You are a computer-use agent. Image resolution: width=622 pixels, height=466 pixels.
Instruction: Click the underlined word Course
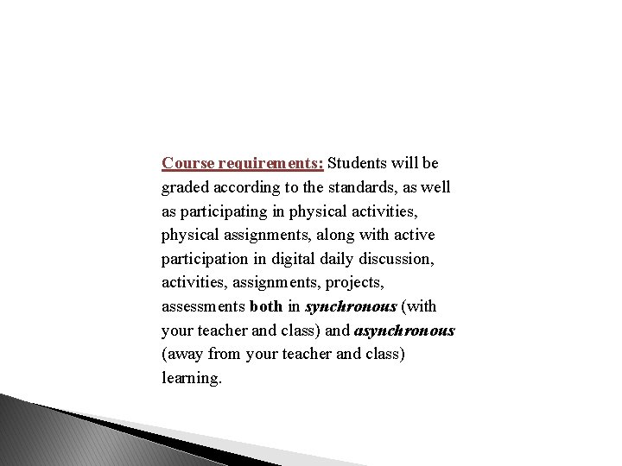[x=187, y=163]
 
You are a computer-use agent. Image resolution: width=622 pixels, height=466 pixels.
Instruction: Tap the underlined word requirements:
[x=270, y=163]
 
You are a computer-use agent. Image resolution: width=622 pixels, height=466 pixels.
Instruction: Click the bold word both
[x=265, y=306]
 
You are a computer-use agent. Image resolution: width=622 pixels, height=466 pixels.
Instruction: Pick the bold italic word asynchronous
[x=404, y=331]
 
